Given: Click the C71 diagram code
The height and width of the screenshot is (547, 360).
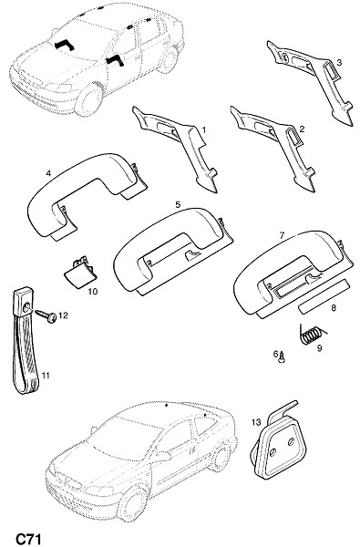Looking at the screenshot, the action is [28, 539].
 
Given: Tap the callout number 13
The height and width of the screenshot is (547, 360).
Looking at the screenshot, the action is [256, 422].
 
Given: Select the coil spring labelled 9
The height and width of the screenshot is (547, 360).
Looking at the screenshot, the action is [312, 335].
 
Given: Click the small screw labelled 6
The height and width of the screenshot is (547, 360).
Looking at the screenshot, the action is [282, 358].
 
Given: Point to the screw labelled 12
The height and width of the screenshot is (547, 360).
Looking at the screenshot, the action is [46, 315].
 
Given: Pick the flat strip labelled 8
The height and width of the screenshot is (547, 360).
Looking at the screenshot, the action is [324, 296].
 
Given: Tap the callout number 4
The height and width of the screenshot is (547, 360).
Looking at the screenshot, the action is [48, 172].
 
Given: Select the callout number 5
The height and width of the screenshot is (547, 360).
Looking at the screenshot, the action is [178, 205].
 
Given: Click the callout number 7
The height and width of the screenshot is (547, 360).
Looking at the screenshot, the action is [282, 236].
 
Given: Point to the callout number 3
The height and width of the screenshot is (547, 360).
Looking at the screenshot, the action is [339, 63].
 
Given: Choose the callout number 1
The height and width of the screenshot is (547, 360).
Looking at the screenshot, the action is [204, 129].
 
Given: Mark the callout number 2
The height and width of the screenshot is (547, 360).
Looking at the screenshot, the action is [302, 129].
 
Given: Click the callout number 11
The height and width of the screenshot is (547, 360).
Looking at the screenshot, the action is [46, 376].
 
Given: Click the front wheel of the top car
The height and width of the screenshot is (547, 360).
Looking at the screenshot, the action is [88, 99].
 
